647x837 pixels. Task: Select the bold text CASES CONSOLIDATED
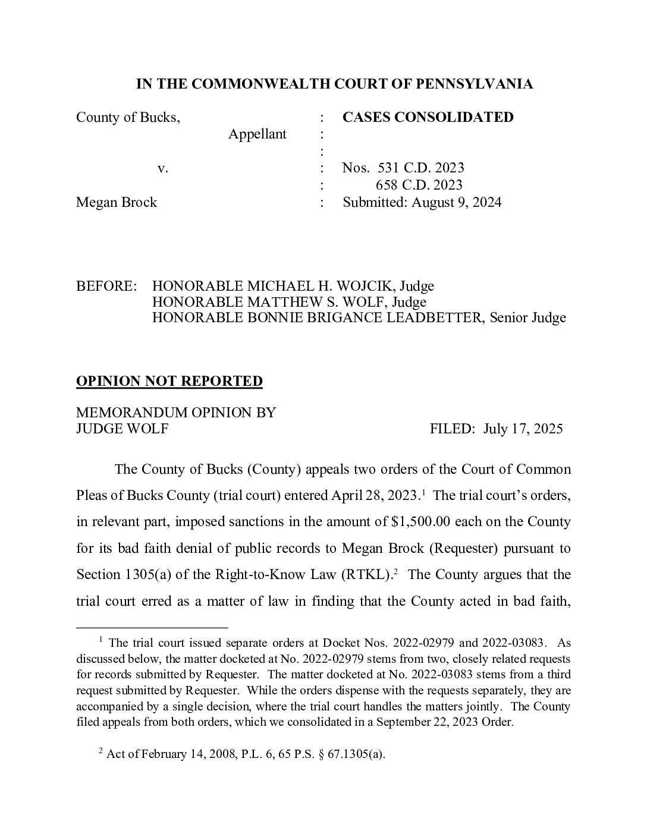428,117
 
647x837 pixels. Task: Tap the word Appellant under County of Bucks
257,134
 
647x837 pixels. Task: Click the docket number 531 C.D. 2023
421,168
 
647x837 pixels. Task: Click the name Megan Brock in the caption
117,202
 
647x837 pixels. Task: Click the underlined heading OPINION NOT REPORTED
169,381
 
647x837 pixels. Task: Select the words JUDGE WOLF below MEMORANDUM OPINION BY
122,429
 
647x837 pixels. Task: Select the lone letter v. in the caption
163,168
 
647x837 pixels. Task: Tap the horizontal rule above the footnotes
152,627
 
